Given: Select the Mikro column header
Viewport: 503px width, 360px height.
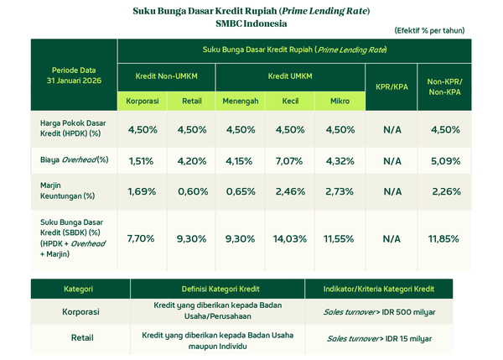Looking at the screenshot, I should [340, 101].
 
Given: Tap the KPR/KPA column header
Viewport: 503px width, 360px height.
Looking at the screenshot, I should [392, 86].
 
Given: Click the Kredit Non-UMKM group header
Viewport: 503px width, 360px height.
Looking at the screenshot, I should [166, 76].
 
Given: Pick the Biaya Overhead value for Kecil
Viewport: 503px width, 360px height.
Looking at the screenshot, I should [290, 160].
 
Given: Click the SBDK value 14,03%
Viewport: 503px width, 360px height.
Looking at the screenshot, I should [290, 238].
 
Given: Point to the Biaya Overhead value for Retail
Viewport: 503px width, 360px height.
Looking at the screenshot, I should [191, 160].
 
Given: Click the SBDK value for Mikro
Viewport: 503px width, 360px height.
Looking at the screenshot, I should [340, 238].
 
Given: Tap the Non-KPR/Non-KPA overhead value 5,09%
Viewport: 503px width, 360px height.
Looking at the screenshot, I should [444, 160].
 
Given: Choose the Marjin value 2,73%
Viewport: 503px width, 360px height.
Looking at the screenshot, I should [340, 190].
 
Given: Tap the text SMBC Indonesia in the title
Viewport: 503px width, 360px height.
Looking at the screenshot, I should [251, 23].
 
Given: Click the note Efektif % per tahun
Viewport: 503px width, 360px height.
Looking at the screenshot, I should [430, 30].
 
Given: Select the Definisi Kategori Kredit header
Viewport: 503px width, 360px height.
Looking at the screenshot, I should [218, 289].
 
